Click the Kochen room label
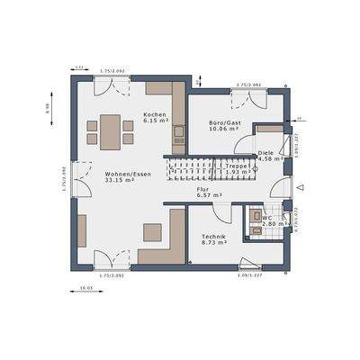154,115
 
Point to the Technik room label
214,236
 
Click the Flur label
203,190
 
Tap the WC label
267,217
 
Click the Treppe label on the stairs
237,166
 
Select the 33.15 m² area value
119,180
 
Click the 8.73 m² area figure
214,243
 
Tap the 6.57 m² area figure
203,197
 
